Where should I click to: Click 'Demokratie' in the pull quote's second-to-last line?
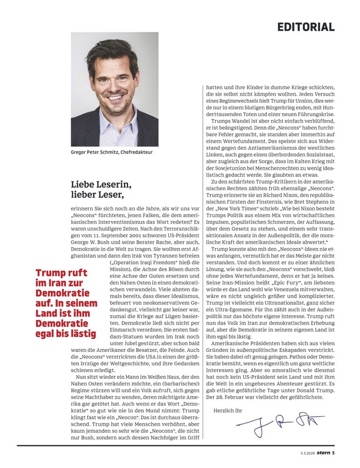pos(60,323)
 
